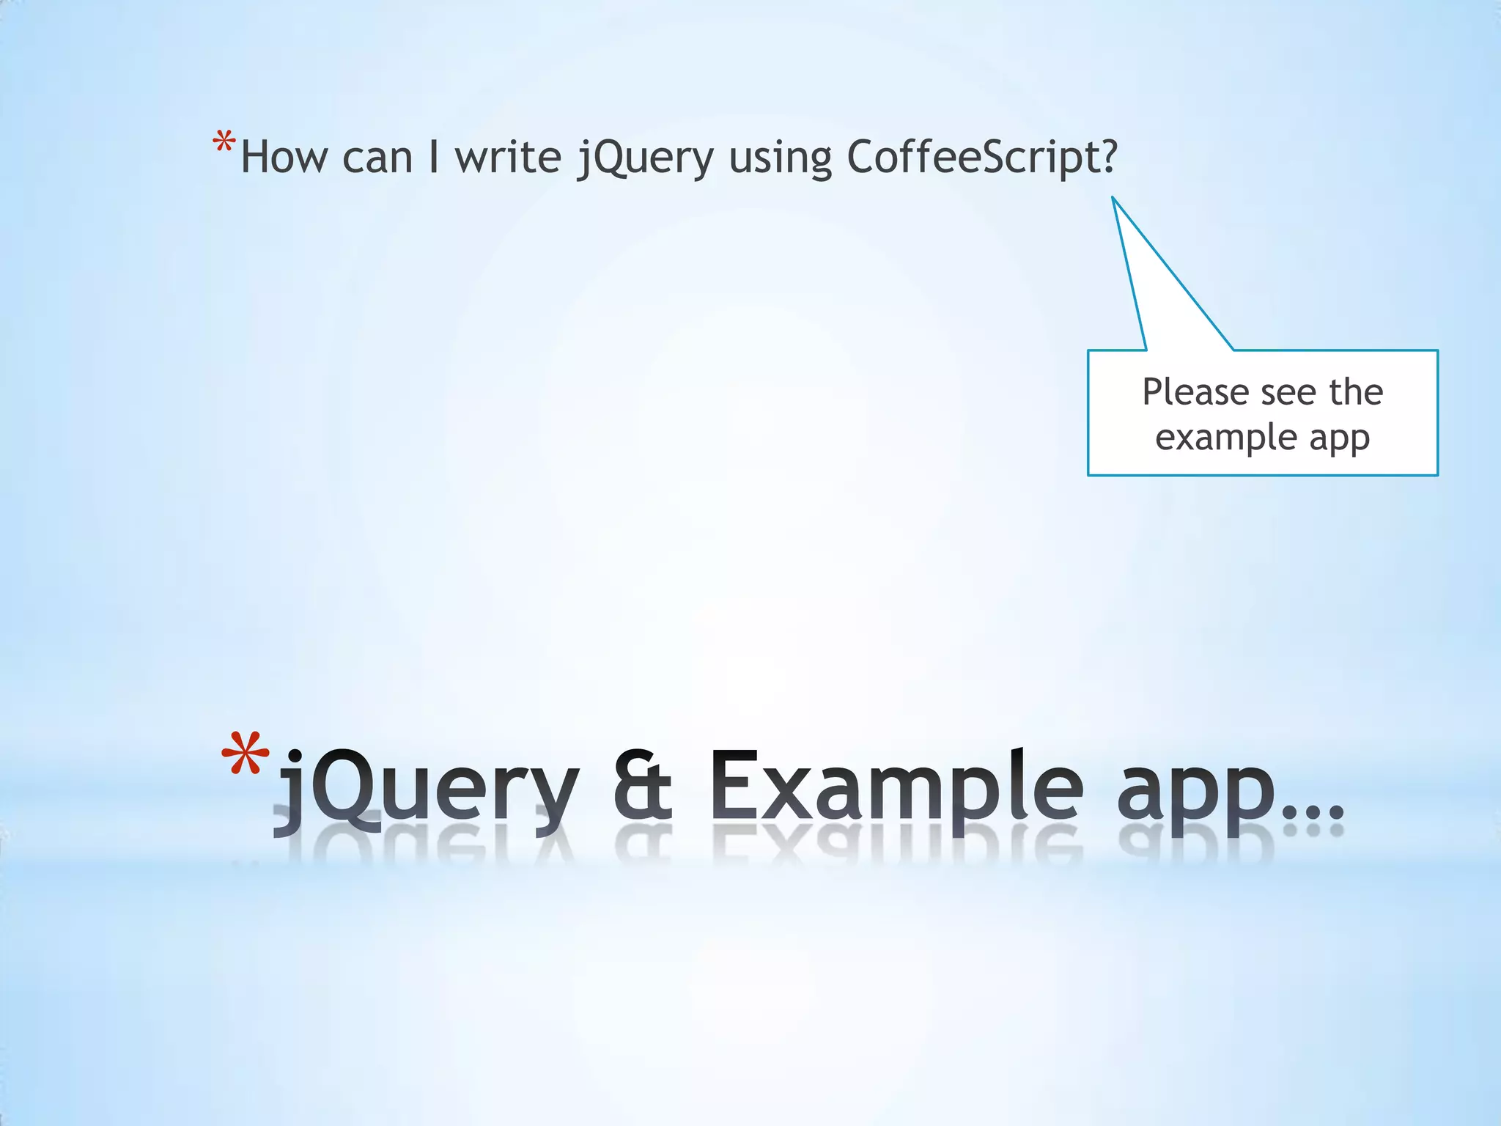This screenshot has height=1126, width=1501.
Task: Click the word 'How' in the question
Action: tap(284, 158)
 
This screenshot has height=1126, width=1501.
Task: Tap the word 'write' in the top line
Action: tap(508, 158)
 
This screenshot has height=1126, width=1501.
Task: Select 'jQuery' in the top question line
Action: tap(644, 159)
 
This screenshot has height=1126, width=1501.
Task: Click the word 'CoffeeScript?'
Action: tap(983, 158)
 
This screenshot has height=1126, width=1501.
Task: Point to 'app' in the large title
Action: tap(1195, 795)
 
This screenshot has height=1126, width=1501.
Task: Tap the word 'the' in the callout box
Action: tap(1356, 392)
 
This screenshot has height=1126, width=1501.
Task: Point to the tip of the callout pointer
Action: tap(1113, 197)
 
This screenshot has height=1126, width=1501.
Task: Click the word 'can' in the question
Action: tap(377, 159)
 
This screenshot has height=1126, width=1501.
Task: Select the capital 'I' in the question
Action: tap(434, 158)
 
